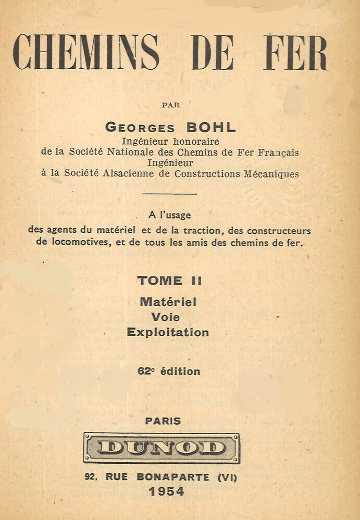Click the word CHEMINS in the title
coord(86,53)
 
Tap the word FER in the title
coord(295,53)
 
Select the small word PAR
coord(171,105)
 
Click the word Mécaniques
coord(271,174)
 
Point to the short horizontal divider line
coord(169,194)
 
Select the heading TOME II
coord(169,281)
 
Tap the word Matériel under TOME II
coord(168,301)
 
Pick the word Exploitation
coord(168,332)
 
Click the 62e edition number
coord(144,371)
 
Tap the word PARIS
coord(163,421)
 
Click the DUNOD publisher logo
coord(162,448)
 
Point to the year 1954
coord(166,491)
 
